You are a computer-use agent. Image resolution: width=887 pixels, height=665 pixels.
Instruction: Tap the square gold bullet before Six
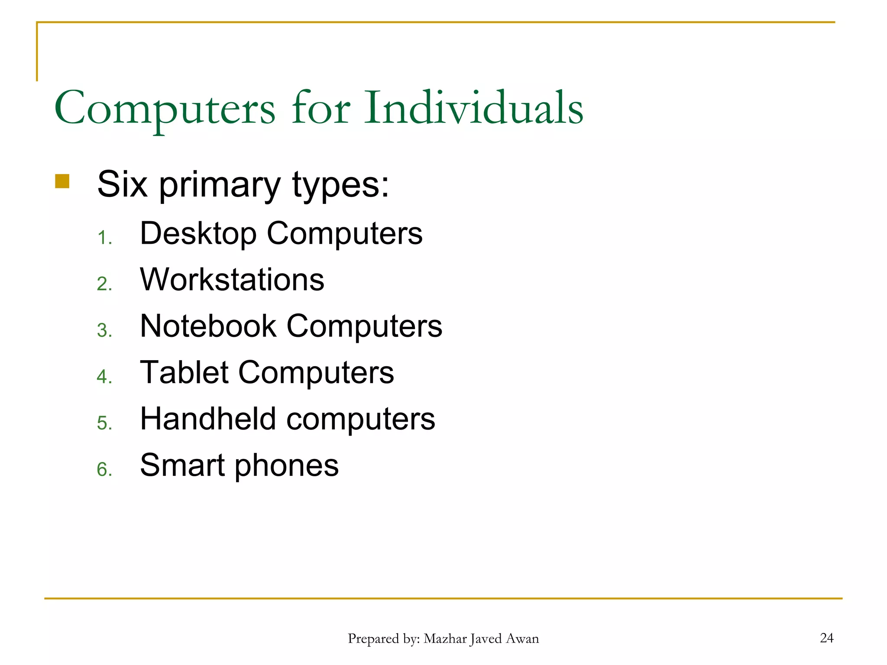click(x=62, y=181)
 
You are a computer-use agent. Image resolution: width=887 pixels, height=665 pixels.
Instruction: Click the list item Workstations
click(x=232, y=279)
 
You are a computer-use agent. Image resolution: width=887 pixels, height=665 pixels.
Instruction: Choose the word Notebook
click(x=208, y=326)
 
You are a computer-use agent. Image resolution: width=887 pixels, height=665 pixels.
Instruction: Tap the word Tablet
click(x=184, y=372)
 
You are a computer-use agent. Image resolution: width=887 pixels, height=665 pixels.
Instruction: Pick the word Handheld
click(x=208, y=419)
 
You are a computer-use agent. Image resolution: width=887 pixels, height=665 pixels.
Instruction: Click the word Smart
click(x=182, y=465)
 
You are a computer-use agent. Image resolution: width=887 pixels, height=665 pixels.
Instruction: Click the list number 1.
click(x=104, y=238)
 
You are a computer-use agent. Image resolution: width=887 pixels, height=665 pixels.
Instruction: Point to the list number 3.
click(x=104, y=331)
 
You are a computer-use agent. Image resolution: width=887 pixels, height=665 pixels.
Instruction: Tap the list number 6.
click(x=104, y=470)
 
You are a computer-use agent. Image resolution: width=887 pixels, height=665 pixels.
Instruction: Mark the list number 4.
click(x=104, y=377)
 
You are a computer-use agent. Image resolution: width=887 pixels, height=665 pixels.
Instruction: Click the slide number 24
click(x=826, y=638)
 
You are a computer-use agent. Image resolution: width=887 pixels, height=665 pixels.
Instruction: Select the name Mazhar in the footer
click(x=445, y=639)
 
